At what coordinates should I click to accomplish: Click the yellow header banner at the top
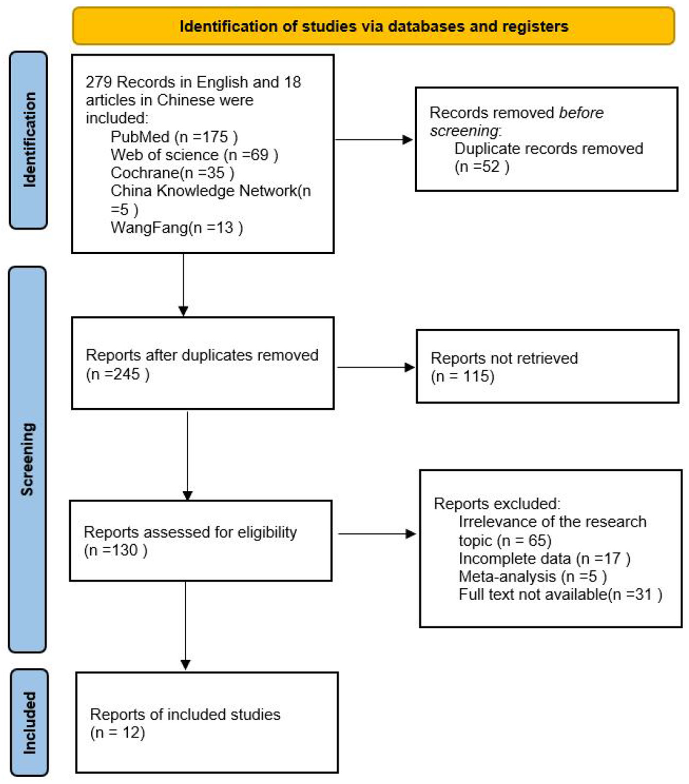point(373,26)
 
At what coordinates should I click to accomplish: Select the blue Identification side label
point(29,140)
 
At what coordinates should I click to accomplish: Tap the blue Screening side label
point(28,459)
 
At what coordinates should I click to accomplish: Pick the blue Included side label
point(29,722)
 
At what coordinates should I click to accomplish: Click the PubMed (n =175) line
point(174,137)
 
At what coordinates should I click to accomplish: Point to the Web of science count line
point(194,155)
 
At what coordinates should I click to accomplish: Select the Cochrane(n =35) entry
point(172,173)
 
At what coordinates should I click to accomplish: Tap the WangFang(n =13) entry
point(177,227)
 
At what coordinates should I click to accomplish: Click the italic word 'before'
point(581,113)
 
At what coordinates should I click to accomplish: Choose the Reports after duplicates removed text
point(202,355)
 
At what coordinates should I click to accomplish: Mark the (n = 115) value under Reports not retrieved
point(462,376)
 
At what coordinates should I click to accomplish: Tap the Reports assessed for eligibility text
point(190,532)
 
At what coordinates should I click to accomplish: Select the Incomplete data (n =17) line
point(544,559)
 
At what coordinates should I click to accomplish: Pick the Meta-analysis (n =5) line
point(532,577)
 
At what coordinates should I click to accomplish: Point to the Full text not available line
point(560,595)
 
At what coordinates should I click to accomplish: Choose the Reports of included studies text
point(185,714)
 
